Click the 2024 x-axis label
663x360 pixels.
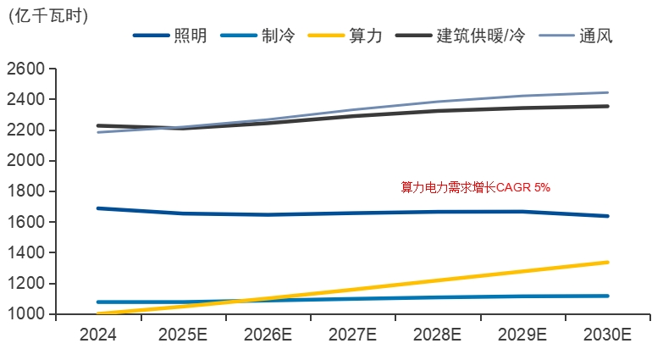98,335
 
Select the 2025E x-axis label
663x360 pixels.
183,335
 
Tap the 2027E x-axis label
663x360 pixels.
353,335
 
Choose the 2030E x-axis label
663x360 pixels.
607,335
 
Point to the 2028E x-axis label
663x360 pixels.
438,335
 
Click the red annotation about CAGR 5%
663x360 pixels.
475,187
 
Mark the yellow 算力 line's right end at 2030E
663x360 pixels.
607,263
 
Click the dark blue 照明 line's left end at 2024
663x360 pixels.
99,208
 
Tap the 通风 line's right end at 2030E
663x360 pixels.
607,92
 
